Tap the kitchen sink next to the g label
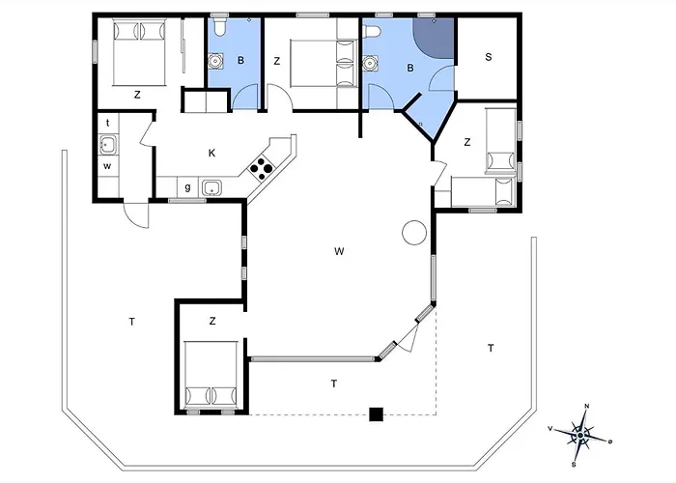[211, 188]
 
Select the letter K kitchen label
[211, 153]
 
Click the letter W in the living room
[339, 251]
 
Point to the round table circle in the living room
[414, 233]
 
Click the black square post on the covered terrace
[377, 414]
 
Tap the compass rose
[581, 435]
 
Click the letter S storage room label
[489, 57]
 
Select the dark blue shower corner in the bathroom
[434, 38]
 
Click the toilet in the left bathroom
[219, 27]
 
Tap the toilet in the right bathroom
[372, 32]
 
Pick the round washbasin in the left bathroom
[214, 61]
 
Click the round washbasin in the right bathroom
[370, 63]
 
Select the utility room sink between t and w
[107, 145]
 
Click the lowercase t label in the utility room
[108, 123]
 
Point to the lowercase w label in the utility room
[107, 166]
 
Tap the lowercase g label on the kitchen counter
[187, 187]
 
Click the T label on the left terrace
[132, 322]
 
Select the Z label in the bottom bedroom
[212, 321]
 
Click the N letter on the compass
[587, 407]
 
